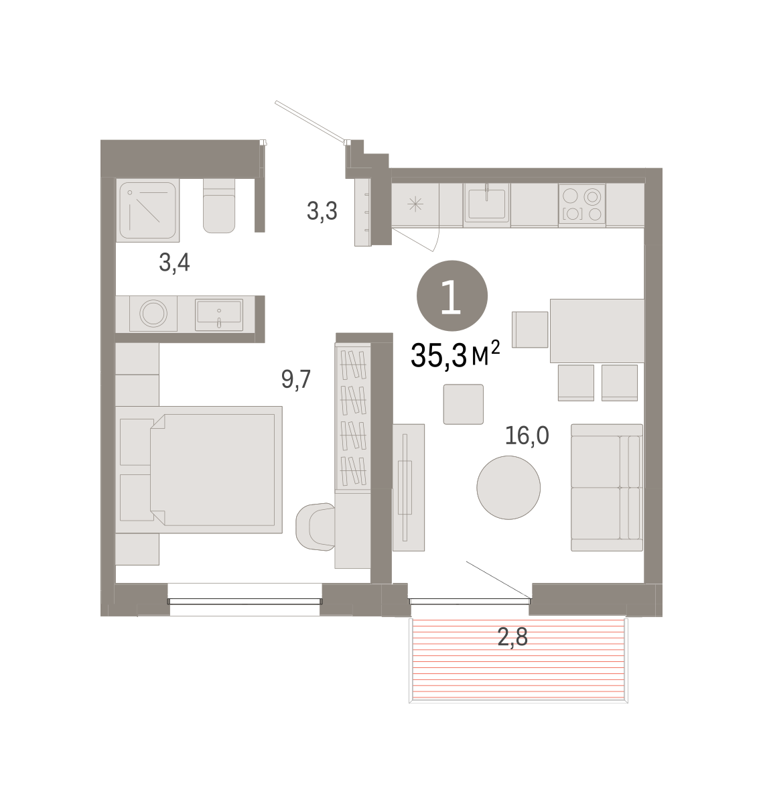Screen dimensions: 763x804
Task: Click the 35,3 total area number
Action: pyautogui.click(x=439, y=355)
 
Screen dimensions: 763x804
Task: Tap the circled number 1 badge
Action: pyautogui.click(x=452, y=295)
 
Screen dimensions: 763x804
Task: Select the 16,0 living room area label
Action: pyautogui.click(x=527, y=435)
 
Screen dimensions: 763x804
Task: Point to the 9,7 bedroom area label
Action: pyautogui.click(x=296, y=379)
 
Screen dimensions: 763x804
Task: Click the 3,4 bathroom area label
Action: pyautogui.click(x=174, y=263)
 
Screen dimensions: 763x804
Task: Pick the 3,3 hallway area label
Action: pyautogui.click(x=322, y=212)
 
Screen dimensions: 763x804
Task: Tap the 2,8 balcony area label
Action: pyautogui.click(x=512, y=636)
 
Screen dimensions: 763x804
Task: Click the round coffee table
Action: pyautogui.click(x=508, y=488)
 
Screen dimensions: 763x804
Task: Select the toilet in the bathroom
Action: pyautogui.click(x=219, y=206)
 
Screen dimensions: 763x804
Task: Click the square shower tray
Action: pyautogui.click(x=147, y=210)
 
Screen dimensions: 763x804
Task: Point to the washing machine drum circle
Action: pyautogui.click(x=153, y=314)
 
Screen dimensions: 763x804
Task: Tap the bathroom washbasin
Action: pyautogui.click(x=219, y=314)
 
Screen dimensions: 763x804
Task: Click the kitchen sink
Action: pyautogui.click(x=486, y=203)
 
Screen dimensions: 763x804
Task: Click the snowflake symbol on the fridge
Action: pyautogui.click(x=415, y=204)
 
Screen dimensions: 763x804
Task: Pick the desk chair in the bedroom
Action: pyautogui.click(x=315, y=527)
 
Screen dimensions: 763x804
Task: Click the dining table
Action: pyautogui.click(x=597, y=331)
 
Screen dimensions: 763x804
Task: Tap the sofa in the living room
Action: pyautogui.click(x=607, y=488)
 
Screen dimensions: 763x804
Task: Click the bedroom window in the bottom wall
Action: pyautogui.click(x=245, y=601)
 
